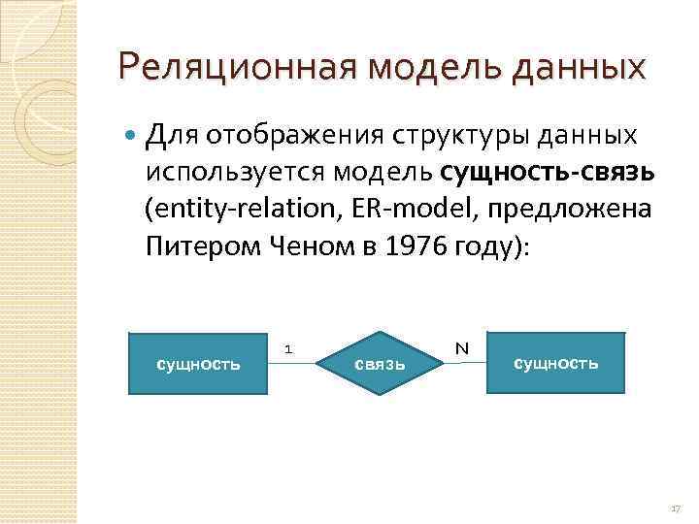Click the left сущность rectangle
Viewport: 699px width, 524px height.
tap(198, 363)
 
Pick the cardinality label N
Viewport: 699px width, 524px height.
tap(461, 347)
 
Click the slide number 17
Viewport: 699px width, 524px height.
tap(675, 508)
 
